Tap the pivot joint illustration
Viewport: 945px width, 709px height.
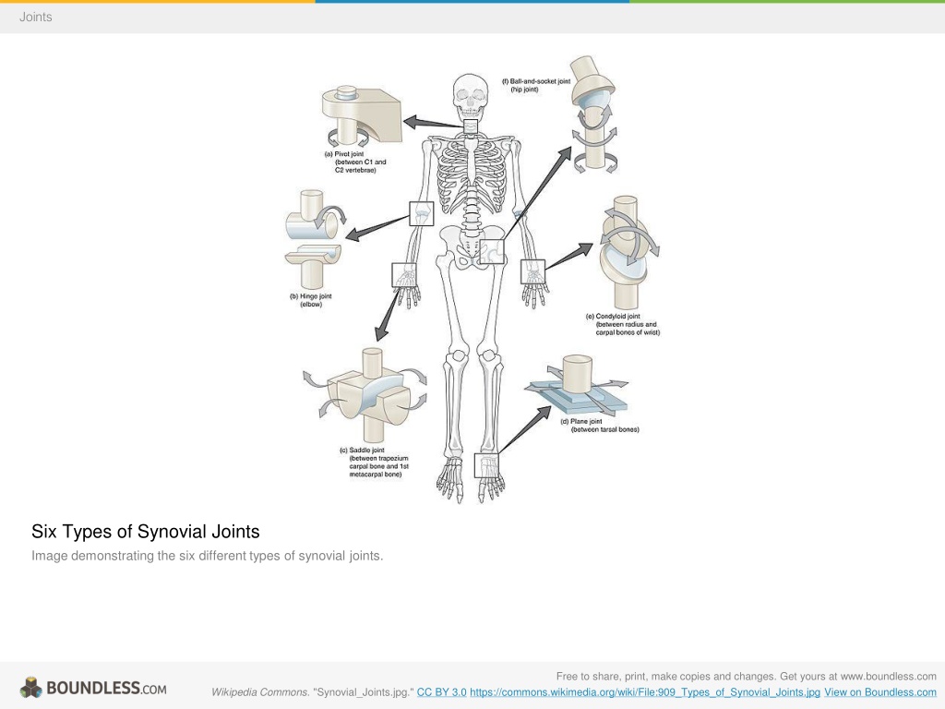tap(361, 115)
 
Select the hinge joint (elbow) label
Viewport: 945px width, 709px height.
tap(311, 300)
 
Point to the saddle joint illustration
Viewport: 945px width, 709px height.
tap(365, 395)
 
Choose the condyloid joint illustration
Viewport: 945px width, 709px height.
tap(628, 252)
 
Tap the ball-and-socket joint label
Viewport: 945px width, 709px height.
tap(536, 85)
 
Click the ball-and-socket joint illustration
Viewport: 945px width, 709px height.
tap(594, 114)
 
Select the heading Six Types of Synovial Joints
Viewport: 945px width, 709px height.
tap(146, 531)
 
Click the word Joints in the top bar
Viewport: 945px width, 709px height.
tap(36, 17)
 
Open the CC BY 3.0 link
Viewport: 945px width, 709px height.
tap(442, 692)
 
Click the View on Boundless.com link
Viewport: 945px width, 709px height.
tap(879, 692)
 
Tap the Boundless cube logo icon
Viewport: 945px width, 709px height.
tap(30, 688)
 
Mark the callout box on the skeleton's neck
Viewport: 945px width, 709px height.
tap(471, 126)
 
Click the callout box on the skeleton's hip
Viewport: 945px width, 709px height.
tap(492, 252)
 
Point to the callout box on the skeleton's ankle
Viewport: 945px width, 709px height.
tap(487, 465)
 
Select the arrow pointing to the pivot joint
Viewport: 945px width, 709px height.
tap(434, 123)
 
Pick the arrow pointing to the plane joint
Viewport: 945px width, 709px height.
tap(525, 429)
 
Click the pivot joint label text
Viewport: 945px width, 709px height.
tap(355, 162)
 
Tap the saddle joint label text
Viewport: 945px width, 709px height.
tap(375, 463)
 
